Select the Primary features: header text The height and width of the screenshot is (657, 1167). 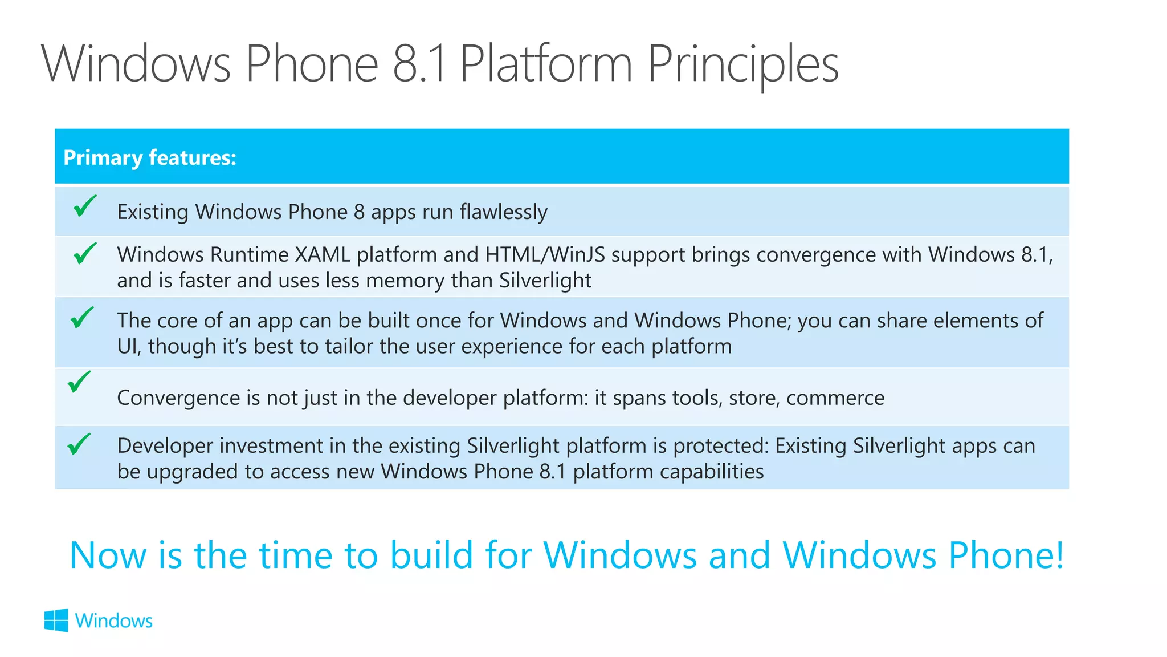tap(150, 157)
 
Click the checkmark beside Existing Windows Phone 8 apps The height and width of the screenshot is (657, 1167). tap(85, 206)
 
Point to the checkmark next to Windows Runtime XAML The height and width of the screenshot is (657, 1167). tap(85, 253)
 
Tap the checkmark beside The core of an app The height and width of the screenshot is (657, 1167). tap(82, 318)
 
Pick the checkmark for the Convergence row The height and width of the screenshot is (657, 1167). tap(79, 382)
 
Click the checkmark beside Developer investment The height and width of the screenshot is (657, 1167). tap(79, 444)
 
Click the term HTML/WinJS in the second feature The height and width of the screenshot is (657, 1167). tap(545, 254)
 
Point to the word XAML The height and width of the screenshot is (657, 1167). tap(323, 254)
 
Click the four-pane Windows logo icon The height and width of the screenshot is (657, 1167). tap(56, 620)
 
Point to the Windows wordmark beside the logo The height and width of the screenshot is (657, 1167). tap(114, 620)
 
